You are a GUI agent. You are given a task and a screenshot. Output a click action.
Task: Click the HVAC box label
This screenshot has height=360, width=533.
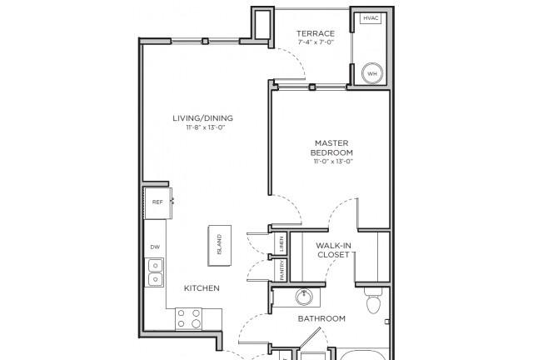tap(371, 18)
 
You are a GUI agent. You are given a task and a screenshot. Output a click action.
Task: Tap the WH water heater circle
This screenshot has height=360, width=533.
tap(372, 73)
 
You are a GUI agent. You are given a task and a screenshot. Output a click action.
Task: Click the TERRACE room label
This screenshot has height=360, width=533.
tap(316, 33)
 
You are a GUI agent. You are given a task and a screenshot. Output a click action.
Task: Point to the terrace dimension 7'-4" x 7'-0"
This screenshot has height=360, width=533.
tap(316, 42)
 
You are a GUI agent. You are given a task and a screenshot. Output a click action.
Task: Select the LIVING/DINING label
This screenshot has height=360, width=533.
tap(203, 118)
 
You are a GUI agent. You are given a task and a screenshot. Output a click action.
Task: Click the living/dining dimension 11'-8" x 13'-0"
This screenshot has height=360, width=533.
tap(206, 127)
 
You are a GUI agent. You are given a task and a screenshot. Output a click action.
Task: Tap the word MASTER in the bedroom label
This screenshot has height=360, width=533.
tap(331, 142)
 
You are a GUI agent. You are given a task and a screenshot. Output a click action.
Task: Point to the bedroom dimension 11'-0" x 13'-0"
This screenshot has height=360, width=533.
tap(333, 162)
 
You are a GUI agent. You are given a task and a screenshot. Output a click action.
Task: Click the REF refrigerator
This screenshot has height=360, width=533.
tap(157, 202)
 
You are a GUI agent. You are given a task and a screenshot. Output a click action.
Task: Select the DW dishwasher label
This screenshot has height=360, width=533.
tap(155, 247)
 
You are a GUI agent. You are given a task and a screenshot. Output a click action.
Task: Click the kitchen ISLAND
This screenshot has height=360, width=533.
tap(220, 245)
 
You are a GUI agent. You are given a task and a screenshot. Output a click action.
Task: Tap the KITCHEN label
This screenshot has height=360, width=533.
tap(202, 288)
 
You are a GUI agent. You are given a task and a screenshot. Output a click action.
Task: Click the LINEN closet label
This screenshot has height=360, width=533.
tap(282, 243)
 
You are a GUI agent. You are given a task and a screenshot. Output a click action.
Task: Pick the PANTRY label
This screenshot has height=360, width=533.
tap(282, 271)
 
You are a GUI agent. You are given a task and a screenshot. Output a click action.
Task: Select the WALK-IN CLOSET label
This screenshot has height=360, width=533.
tap(333, 250)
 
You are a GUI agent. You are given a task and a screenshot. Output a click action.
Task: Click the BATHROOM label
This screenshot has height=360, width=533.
tap(321, 318)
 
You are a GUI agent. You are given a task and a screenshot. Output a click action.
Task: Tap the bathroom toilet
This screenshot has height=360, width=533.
tap(373, 301)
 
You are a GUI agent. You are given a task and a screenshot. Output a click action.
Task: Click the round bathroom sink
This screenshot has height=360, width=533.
tap(303, 297)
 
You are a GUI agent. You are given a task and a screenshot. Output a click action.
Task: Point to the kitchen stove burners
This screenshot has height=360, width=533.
tap(189, 319)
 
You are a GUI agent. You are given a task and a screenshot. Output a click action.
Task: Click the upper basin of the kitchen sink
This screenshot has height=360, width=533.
tap(156, 265)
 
